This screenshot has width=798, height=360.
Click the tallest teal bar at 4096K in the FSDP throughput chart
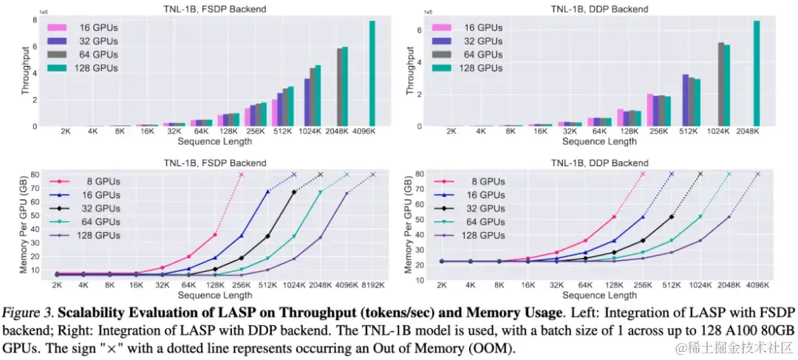pyautogui.click(x=372, y=74)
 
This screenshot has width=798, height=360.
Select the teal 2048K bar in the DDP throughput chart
pyautogui.click(x=757, y=74)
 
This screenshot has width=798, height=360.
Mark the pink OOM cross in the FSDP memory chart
pyautogui.click(x=241, y=174)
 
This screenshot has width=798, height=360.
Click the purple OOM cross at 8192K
pyautogui.click(x=373, y=174)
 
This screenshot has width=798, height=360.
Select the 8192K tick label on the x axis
pyautogui.click(x=373, y=284)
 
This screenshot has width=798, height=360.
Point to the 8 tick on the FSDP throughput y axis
pyautogui.click(x=34, y=19)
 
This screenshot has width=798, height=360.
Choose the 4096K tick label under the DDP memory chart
pyautogui.click(x=757, y=284)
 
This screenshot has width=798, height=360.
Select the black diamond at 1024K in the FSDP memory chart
pyautogui.click(x=294, y=192)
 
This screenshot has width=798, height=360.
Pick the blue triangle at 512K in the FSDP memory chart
pyautogui.click(x=267, y=191)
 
